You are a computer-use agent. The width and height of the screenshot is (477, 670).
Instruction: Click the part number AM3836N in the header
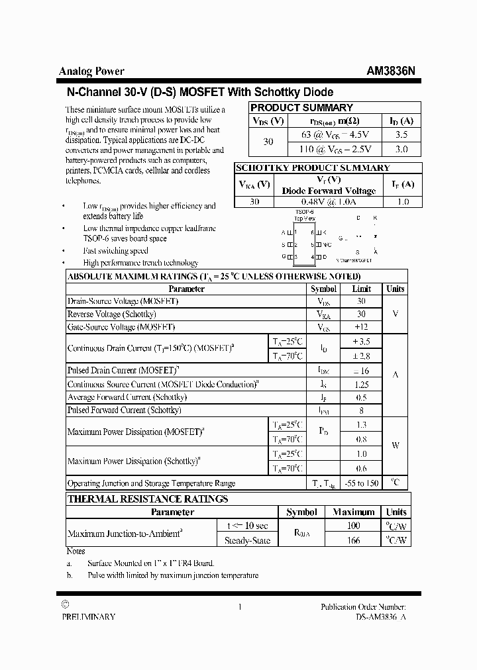391,72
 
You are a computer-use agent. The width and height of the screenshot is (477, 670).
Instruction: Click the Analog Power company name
91,72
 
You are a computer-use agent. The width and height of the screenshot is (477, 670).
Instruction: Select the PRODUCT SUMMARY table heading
301,107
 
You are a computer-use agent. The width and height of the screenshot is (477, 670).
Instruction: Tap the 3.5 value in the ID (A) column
401,134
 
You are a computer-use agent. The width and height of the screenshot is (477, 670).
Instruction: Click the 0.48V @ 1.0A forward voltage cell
329,202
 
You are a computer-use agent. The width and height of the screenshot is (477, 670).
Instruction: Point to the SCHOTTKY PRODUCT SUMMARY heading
313,167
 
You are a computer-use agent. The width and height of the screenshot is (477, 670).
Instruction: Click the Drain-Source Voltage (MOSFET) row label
123,301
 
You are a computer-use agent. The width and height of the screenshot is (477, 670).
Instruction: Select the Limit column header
361,289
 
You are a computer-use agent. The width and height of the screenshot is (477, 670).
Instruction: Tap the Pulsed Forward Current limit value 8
361,410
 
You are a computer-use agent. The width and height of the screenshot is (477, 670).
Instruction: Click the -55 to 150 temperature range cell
362,483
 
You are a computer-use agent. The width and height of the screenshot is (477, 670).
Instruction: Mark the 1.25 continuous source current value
362,384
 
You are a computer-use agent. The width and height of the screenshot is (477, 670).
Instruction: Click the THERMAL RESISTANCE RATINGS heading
148,499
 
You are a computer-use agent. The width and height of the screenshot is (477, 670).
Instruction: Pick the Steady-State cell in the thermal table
247,540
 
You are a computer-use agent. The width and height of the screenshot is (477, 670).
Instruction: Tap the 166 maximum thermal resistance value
354,540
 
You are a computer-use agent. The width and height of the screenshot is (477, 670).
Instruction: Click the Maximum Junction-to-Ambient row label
125,533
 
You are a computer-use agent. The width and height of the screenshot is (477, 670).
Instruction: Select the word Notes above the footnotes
76,551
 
